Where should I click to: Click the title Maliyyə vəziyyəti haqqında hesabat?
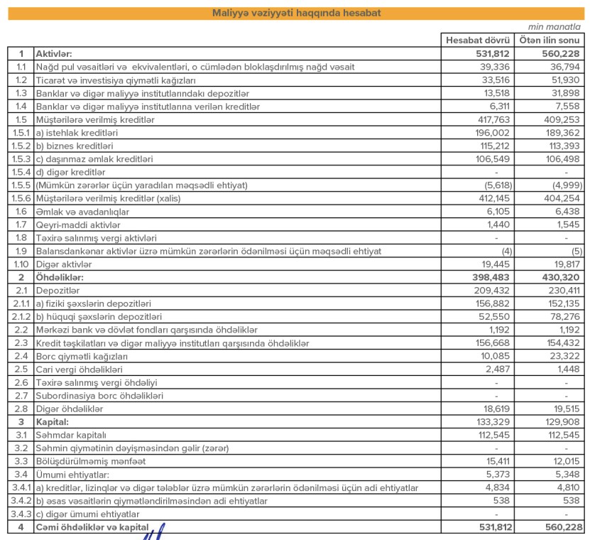[295, 13]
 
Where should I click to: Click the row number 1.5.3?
[21, 159]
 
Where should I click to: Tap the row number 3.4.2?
[21, 500]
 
